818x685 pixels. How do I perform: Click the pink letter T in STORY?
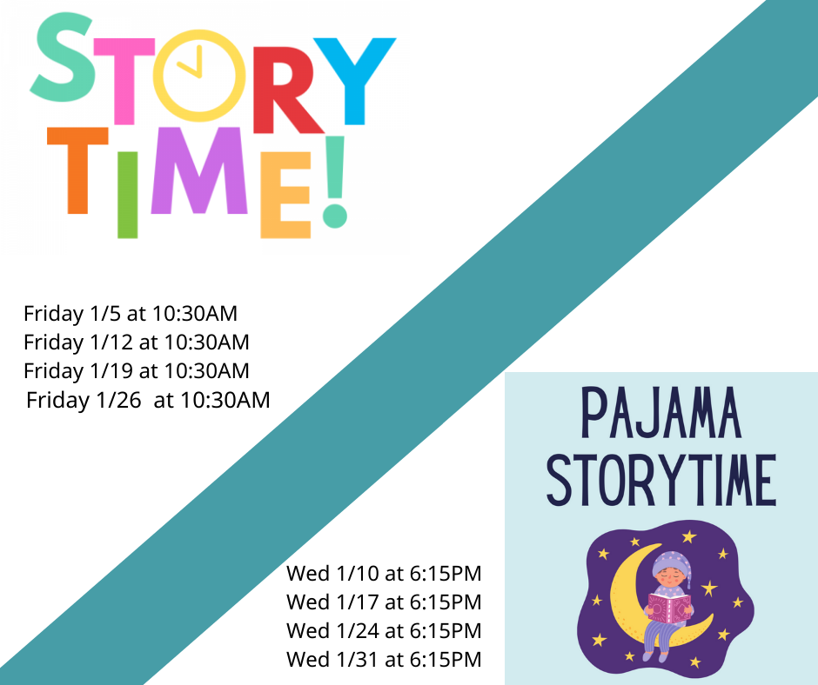124,81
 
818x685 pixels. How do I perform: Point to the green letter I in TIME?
128,195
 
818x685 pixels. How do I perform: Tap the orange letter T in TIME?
77,170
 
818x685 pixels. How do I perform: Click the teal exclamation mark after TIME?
334,182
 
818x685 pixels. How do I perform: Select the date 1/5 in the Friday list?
106,313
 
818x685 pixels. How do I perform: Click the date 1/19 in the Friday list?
111,370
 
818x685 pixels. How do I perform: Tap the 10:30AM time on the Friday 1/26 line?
225,400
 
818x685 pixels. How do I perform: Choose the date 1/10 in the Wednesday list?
358,574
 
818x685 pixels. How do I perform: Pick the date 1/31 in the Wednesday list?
358,660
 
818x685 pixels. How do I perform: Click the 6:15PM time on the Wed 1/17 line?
446,602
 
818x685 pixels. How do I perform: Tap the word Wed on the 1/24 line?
308,631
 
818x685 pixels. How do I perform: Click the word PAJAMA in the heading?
661,413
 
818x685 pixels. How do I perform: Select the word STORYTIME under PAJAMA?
661,480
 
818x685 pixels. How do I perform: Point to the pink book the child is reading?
670,608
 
